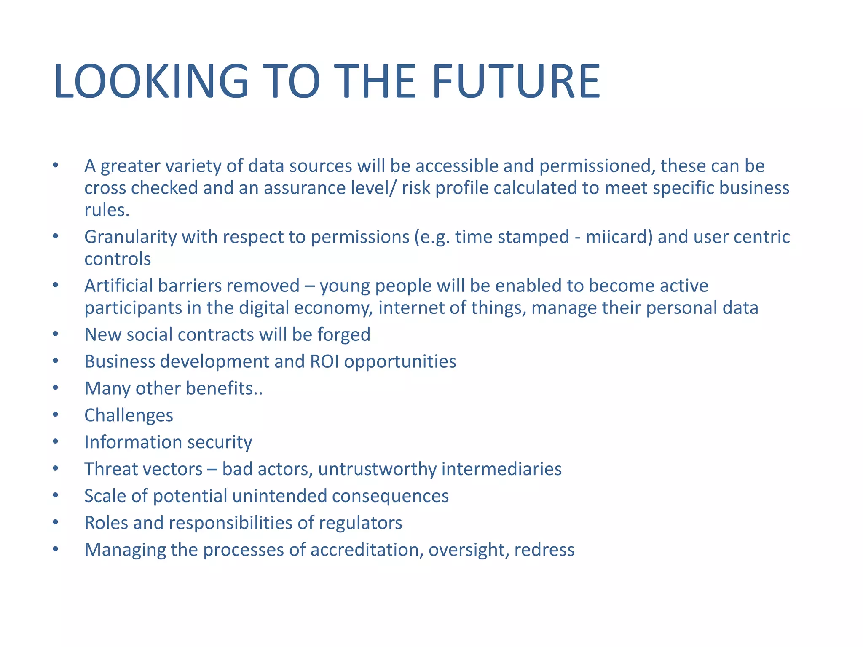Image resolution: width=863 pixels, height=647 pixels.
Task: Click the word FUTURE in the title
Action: tap(516, 81)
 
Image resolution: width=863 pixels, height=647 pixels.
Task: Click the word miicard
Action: tap(619, 237)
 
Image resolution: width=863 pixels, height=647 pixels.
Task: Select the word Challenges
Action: tap(129, 416)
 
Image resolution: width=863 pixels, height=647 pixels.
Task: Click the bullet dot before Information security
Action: tap(56, 442)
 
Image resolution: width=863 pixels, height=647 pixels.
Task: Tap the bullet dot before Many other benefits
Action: tap(56, 388)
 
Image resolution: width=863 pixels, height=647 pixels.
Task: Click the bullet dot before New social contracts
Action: tap(56, 334)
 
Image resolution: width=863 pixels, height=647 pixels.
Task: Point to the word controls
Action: tap(118, 259)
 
